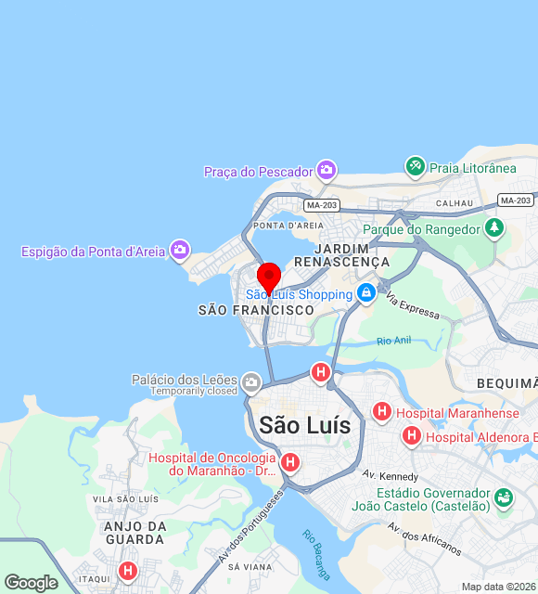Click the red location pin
(x=269, y=278)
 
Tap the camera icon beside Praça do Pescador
(x=326, y=170)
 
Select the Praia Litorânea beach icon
(x=415, y=167)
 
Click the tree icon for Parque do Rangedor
(x=494, y=227)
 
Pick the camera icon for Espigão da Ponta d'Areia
(x=180, y=250)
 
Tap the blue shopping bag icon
(x=366, y=293)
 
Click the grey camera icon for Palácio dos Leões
(x=250, y=381)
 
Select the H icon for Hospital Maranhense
(x=381, y=411)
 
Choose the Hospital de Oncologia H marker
(x=290, y=462)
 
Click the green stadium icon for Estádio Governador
(x=503, y=497)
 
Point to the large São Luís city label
(x=305, y=425)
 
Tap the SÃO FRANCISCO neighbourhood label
(x=256, y=311)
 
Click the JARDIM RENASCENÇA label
(x=352, y=255)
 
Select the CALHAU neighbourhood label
(x=455, y=203)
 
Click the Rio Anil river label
(x=393, y=342)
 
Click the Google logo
(x=31, y=582)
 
